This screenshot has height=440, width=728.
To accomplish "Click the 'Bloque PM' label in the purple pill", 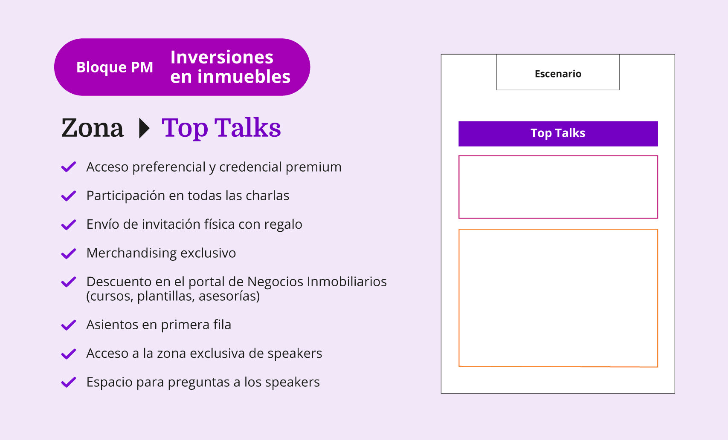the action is tap(114, 67).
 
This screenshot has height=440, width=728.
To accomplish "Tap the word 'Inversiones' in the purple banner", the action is tap(222, 57).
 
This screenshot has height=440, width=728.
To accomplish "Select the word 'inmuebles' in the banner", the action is tap(244, 77).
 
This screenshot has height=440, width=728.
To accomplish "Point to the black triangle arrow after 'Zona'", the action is tap(144, 128).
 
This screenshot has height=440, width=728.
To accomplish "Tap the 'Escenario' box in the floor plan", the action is tap(558, 72).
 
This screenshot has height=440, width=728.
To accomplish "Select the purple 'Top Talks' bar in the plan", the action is tap(558, 134).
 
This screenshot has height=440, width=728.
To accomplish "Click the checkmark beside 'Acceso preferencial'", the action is tap(68, 167).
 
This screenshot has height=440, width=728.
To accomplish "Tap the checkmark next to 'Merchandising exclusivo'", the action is tap(68, 253).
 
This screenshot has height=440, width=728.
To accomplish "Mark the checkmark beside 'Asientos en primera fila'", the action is tap(68, 325).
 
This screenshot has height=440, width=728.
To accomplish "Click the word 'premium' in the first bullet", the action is tap(313, 167).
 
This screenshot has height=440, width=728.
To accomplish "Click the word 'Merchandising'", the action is tap(131, 253).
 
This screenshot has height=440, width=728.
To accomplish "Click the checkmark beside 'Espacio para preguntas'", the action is tap(68, 382).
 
